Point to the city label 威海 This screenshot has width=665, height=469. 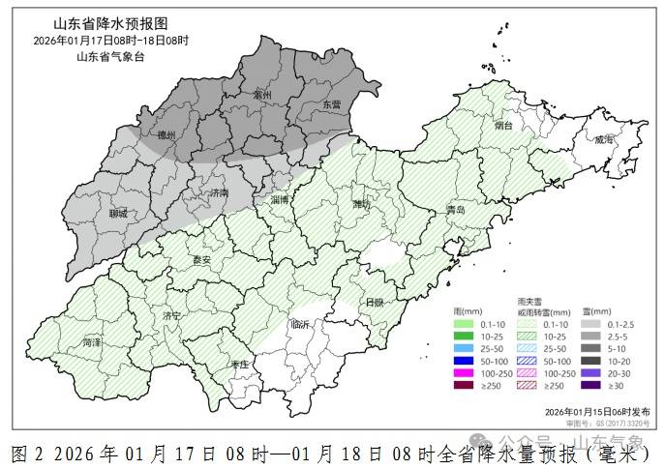tap(604, 139)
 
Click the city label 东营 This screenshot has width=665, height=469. tap(332, 104)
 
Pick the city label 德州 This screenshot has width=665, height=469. tap(166, 136)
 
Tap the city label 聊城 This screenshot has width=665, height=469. tap(118, 213)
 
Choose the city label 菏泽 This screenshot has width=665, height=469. tap(92, 342)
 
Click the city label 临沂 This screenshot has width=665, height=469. tap(301, 324)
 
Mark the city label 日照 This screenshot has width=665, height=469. tap(373, 302)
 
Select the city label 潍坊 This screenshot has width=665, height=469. tap(360, 205)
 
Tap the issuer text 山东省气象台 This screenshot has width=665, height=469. tap(110, 56)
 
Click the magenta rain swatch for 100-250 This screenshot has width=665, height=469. tap(464, 372)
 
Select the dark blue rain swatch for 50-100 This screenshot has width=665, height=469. tap(464, 360)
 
